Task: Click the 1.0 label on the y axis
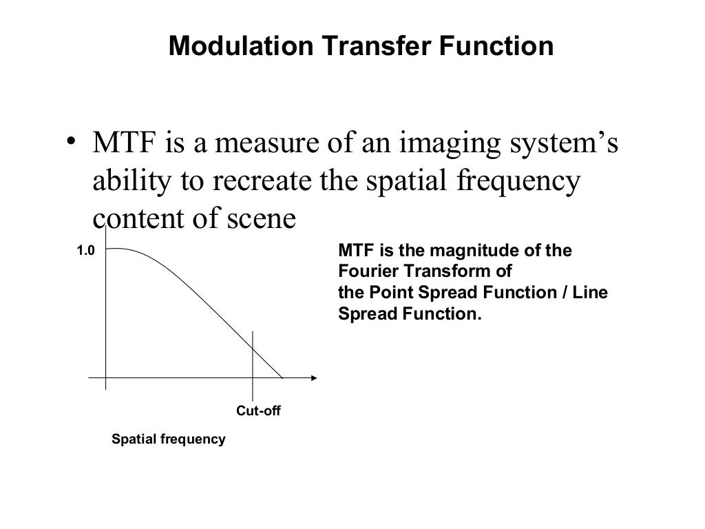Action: (x=85, y=253)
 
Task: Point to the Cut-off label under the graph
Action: (x=259, y=411)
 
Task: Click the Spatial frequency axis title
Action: (x=169, y=439)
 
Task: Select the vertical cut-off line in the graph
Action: (x=253, y=358)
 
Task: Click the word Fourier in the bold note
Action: (x=366, y=271)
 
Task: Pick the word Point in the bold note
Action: (x=387, y=293)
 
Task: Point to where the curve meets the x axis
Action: (x=282, y=377)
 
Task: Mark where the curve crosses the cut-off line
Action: (x=253, y=351)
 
